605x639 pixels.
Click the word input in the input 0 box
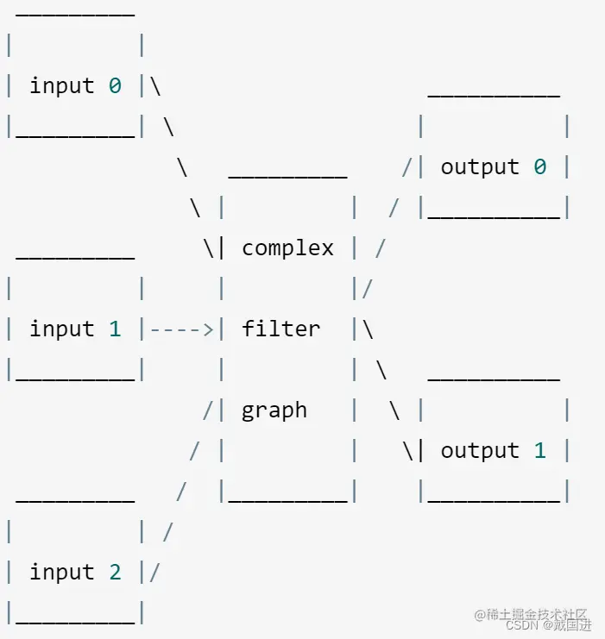pos(62,86)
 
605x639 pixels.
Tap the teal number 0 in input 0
pos(115,86)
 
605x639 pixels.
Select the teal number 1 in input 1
pos(115,329)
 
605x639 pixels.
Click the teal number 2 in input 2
pos(115,573)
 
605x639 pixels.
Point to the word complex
pos(287,248)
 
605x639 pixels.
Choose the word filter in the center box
pos(280,329)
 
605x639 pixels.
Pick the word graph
pos(274,410)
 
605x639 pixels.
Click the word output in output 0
pos(480,167)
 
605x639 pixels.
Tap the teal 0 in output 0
pos(539,167)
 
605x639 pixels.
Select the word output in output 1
pos(480,451)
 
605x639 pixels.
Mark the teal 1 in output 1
pos(539,451)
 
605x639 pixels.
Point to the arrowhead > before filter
pos(208,329)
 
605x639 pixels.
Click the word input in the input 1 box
pos(62,329)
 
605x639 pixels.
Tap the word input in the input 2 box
pos(62,573)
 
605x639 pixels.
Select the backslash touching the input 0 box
pos(155,86)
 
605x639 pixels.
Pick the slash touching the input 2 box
pos(155,573)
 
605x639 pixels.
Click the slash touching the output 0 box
pos(407,167)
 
